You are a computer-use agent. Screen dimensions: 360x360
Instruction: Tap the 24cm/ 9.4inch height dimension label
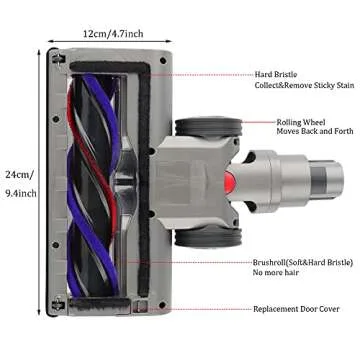(x=18, y=183)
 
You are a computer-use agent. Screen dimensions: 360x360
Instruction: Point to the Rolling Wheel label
(x=301, y=123)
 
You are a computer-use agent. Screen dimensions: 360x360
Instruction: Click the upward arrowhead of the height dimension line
(x=40, y=53)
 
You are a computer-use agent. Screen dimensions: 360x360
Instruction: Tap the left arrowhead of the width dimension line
(x=49, y=43)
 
